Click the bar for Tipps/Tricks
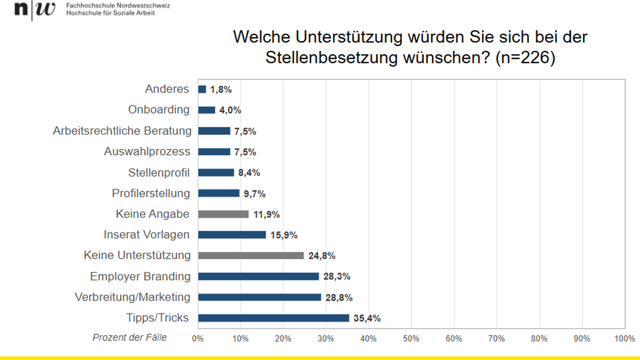click(x=273, y=318)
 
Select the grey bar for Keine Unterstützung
click(x=251, y=256)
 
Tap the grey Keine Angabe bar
click(x=223, y=214)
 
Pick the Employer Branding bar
click(x=258, y=276)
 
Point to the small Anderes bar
click(x=202, y=89)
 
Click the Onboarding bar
click(x=206, y=110)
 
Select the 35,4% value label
click(x=367, y=318)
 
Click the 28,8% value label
click(x=339, y=297)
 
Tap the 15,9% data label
click(x=284, y=235)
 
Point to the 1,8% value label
click(x=221, y=90)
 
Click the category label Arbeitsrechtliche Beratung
click(x=122, y=131)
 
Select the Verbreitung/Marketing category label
click(x=132, y=297)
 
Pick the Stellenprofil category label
click(x=159, y=173)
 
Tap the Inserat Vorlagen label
click(x=146, y=235)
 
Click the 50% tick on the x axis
click(x=411, y=339)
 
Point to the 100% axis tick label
click(x=624, y=339)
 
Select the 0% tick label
click(x=198, y=339)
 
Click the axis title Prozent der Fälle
click(x=130, y=338)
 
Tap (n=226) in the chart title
click(x=525, y=58)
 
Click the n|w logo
click(x=35, y=9)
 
